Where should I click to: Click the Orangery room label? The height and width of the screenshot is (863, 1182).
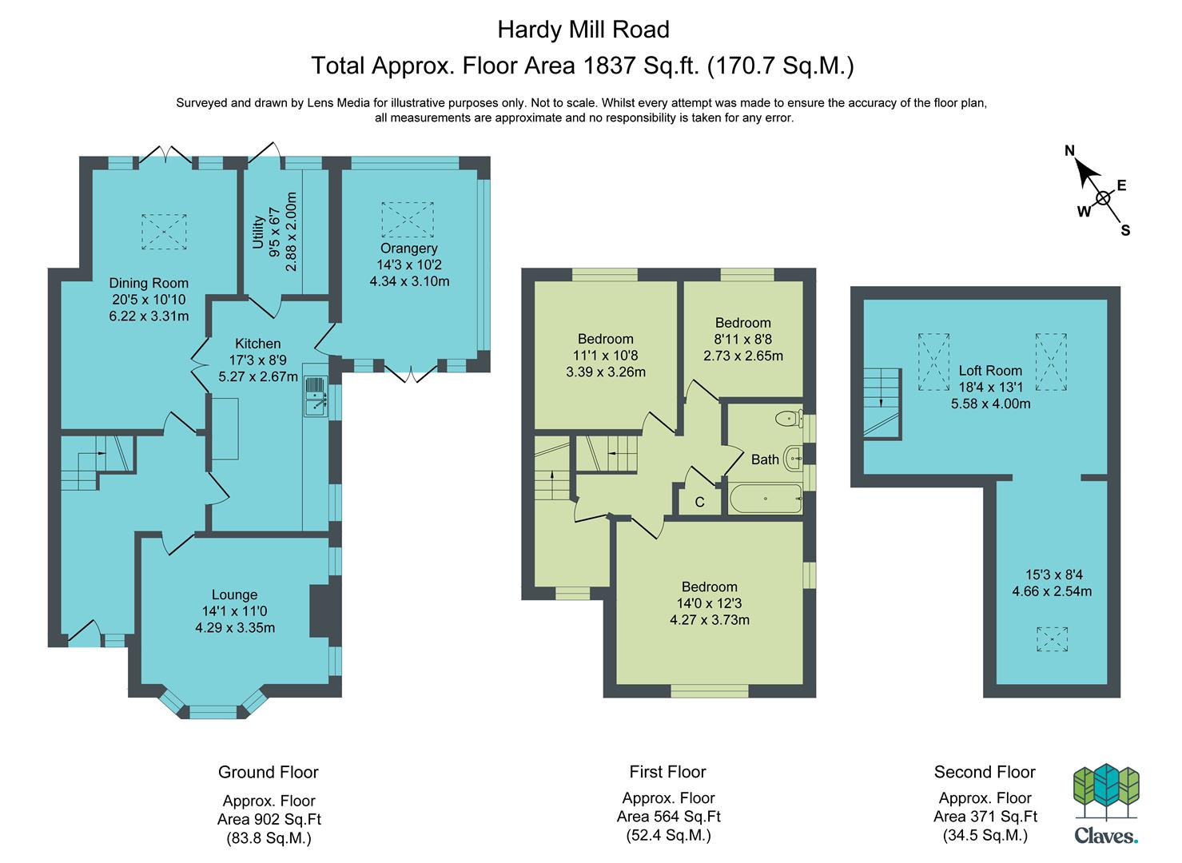pyautogui.click(x=409, y=248)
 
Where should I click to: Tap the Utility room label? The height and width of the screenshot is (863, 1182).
pyautogui.click(x=258, y=232)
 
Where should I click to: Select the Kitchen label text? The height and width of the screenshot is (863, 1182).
pyautogui.click(x=257, y=344)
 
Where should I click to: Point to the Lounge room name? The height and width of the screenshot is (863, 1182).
pyautogui.click(x=234, y=595)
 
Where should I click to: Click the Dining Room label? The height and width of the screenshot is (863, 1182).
pyautogui.click(x=149, y=283)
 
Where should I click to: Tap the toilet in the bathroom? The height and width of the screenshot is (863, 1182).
pyautogui.click(x=790, y=419)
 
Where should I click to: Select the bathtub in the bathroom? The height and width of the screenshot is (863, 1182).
pyautogui.click(x=766, y=499)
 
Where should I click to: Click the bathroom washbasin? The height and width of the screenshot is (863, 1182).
pyautogui.click(x=794, y=459)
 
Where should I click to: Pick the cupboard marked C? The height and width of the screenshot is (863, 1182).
pyautogui.click(x=700, y=500)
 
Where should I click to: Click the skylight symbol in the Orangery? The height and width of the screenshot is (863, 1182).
pyautogui.click(x=408, y=220)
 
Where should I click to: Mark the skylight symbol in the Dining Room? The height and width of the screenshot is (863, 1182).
pyautogui.click(x=164, y=232)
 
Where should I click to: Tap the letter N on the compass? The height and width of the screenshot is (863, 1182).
pyautogui.click(x=1069, y=151)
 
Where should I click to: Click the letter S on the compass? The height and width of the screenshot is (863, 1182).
pyautogui.click(x=1125, y=230)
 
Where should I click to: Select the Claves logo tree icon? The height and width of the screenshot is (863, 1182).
pyautogui.click(x=1107, y=793)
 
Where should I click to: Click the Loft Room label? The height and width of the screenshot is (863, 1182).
pyautogui.click(x=990, y=370)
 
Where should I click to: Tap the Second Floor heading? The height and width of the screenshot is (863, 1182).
pyautogui.click(x=985, y=772)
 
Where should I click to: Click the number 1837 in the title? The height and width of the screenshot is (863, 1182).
pyautogui.click(x=610, y=66)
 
